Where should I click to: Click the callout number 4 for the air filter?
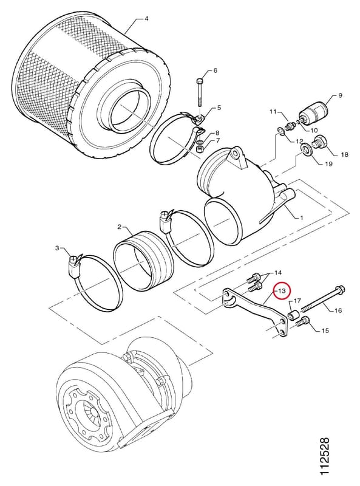(x=146, y=19)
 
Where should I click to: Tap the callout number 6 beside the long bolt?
(x=216, y=70)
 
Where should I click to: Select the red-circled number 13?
(x=282, y=291)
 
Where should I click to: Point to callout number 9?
(x=340, y=95)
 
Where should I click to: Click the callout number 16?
(x=338, y=310)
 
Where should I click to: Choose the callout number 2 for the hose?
(x=120, y=227)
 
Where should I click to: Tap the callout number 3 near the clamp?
(x=57, y=248)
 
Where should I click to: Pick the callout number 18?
(x=344, y=154)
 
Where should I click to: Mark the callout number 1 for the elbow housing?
(x=301, y=217)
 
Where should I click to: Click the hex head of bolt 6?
(x=200, y=81)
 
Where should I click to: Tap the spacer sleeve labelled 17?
(x=293, y=315)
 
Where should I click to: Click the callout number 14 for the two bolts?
(x=278, y=273)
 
